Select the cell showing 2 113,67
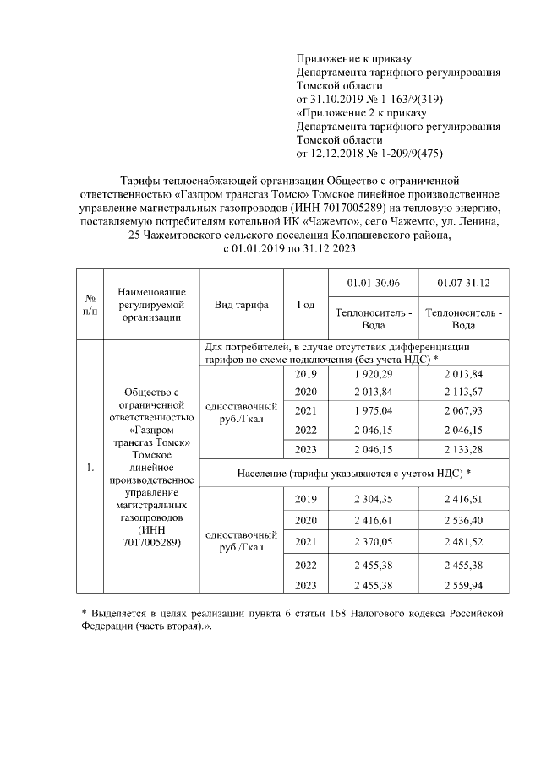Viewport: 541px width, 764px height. (463, 392)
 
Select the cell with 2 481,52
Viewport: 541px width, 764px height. (463, 541)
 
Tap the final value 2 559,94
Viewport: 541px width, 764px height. (463, 584)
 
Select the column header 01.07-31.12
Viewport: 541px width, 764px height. (463, 283)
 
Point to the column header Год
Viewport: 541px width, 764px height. (305, 305)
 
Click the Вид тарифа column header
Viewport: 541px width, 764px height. (241, 305)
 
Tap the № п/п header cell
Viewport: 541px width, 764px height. (90, 305)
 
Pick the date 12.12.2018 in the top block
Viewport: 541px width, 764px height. (339, 153)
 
